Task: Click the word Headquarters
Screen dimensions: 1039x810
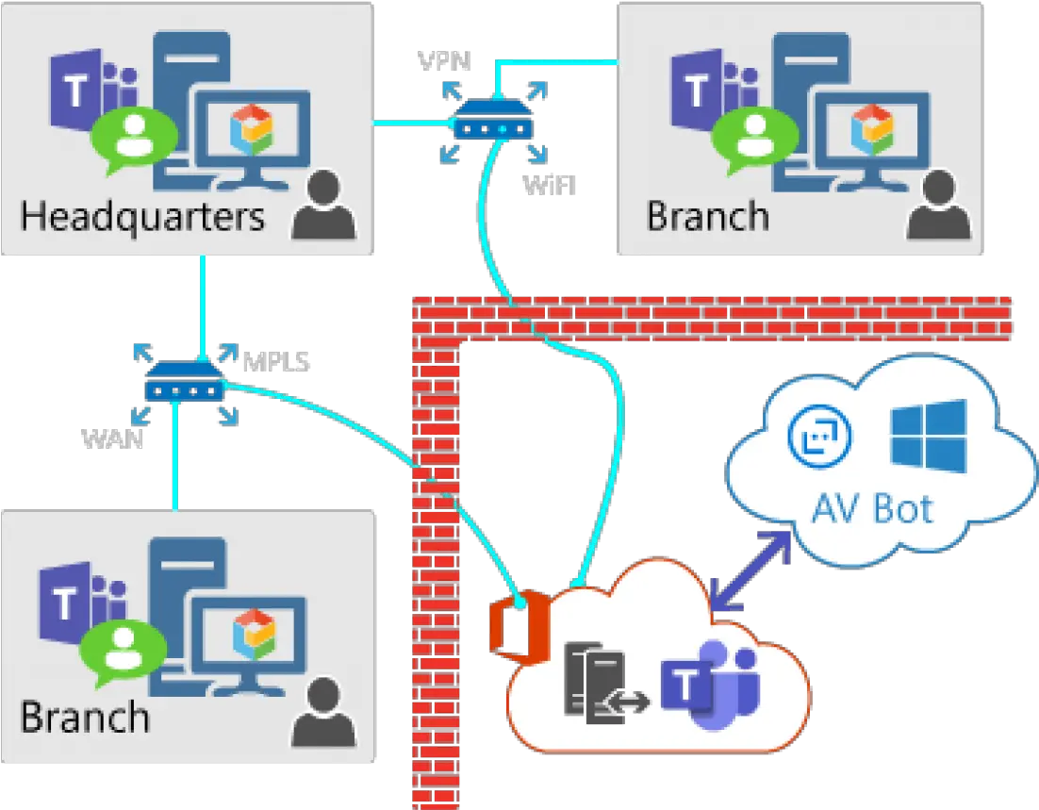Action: click(142, 218)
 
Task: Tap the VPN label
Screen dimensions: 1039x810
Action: click(444, 61)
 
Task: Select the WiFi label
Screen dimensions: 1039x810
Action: click(550, 185)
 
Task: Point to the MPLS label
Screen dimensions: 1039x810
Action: click(276, 362)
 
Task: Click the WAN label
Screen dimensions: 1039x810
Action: click(112, 438)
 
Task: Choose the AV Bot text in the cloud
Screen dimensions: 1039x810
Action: click(873, 509)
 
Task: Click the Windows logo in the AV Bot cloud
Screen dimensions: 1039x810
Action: click(929, 436)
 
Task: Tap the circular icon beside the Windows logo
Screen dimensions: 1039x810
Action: click(820, 436)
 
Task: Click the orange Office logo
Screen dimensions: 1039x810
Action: click(519, 624)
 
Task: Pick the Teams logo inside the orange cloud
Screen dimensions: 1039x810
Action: click(710, 685)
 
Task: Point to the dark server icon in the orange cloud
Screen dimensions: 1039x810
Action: click(595, 683)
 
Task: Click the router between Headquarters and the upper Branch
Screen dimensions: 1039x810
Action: click(494, 119)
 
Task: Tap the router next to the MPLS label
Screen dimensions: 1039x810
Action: click(184, 381)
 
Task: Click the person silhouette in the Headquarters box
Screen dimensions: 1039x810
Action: click(323, 205)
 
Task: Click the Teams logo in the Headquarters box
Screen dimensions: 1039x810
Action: click(92, 92)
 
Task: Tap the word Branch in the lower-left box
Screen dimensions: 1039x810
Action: click(85, 718)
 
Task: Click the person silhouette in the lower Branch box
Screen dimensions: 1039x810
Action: click(323, 712)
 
